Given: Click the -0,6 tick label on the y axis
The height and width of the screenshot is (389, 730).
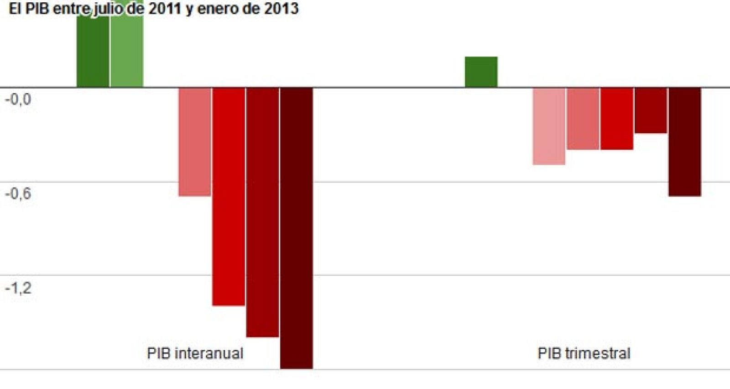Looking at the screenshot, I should pos(18,194).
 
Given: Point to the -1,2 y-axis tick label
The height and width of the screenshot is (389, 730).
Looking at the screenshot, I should pos(18,288).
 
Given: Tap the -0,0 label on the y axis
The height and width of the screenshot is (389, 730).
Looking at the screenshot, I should pos(18,99).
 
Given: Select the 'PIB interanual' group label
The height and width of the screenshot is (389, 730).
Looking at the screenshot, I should pos(195,353).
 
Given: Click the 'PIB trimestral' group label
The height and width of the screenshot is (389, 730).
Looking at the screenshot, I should pos(584,353).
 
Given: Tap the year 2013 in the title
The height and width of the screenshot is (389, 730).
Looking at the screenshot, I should pos(281,8).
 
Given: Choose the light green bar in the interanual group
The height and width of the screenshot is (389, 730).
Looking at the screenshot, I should pos(127,50).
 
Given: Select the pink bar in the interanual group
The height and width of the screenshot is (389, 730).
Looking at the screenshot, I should pos(195,142).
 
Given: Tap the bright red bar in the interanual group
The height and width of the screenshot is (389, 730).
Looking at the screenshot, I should pos(229,196).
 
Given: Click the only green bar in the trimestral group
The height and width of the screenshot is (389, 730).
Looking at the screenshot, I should pos(481,72).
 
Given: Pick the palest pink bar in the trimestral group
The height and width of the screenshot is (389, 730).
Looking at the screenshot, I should pos(549,126).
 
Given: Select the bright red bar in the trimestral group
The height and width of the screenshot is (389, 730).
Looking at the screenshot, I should pos(617,118).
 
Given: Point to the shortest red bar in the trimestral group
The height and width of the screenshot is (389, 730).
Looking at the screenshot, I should pos(651,110).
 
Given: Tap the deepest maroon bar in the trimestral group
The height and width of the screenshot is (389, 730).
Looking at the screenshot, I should pos(684,142).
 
